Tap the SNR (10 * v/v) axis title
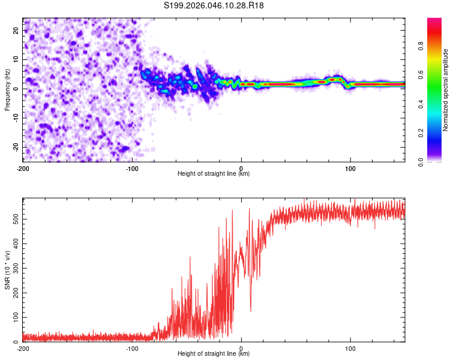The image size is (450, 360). [x=7, y=270]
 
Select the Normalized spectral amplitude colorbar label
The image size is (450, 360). [x=446, y=90]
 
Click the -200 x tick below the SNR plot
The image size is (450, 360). [x=23, y=348]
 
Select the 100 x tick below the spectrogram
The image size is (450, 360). [x=350, y=168]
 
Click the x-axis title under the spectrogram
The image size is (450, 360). [x=214, y=174]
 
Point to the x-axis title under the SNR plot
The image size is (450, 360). [x=214, y=354]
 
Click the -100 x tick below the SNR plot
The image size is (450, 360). [x=132, y=348]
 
